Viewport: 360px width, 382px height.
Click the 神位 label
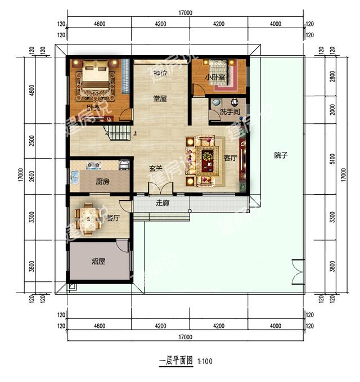click(x=160, y=74)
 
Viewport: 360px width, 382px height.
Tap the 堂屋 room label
click(x=160, y=98)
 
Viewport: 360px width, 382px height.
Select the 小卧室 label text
click(x=215, y=77)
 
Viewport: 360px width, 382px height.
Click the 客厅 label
click(x=229, y=158)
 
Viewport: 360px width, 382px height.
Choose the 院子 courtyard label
click(x=281, y=155)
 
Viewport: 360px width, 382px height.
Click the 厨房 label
click(x=102, y=182)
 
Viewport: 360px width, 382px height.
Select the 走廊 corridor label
click(x=162, y=203)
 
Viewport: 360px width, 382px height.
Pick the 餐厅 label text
click(x=113, y=218)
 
